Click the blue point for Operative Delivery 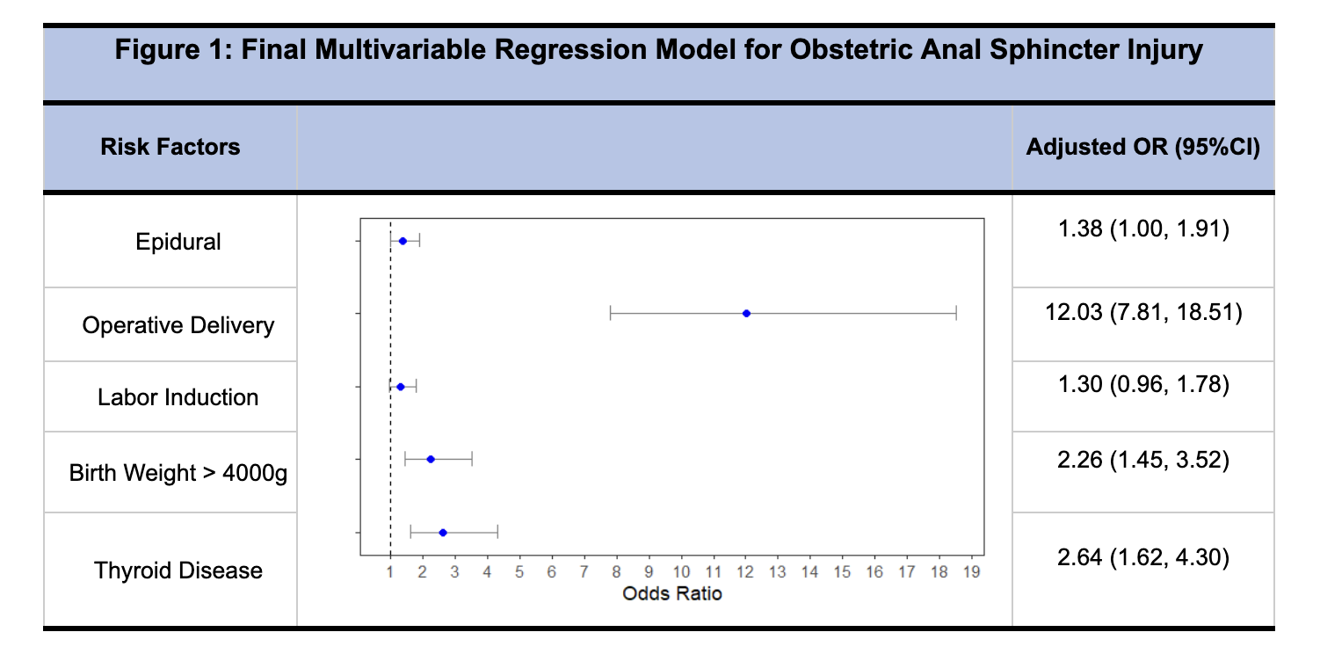click(x=746, y=314)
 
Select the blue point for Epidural click(x=403, y=241)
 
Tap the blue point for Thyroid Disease click(x=443, y=533)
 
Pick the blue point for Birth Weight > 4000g click(x=431, y=459)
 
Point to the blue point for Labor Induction click(x=401, y=387)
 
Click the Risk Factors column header click(x=170, y=147)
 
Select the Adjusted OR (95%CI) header click(x=1143, y=147)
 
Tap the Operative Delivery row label click(x=178, y=325)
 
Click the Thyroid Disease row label click(x=178, y=570)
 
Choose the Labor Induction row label click(x=178, y=397)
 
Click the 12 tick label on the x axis click(x=745, y=571)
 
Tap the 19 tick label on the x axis click(x=972, y=571)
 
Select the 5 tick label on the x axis click(x=519, y=571)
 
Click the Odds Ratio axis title click(x=671, y=593)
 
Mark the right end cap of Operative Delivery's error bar click(x=956, y=314)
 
